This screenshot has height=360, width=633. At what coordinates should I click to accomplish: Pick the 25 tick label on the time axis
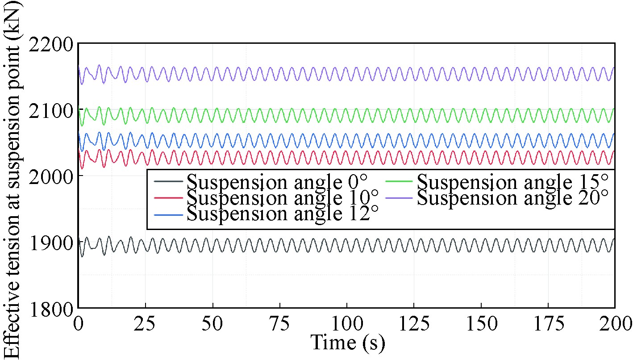coord(146,323)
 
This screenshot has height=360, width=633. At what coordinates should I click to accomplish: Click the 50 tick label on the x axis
coord(213,323)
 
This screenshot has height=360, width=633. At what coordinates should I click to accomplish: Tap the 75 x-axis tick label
coord(280,323)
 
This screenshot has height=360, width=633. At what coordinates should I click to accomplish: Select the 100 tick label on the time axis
coord(347,323)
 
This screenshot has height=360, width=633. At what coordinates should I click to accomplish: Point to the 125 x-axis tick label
coord(414,323)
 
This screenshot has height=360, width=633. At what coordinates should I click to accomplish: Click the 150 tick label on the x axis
coord(481,323)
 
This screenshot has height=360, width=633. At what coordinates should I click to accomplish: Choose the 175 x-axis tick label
coord(548,323)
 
